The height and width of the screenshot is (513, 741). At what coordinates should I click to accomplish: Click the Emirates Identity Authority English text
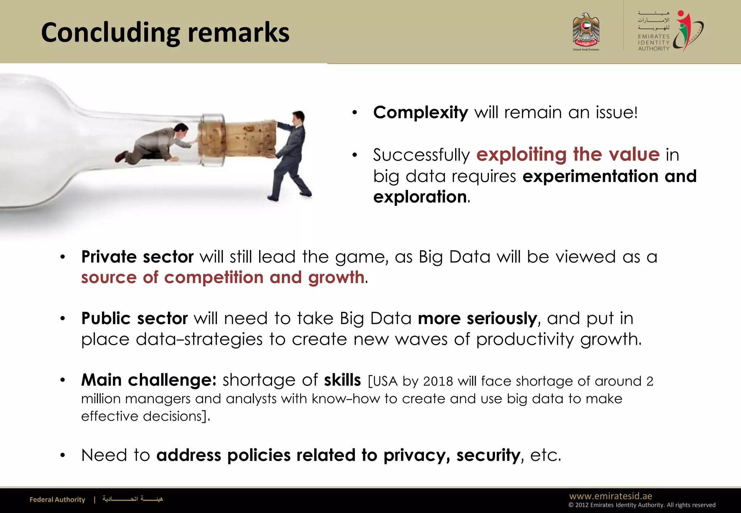coord(653,43)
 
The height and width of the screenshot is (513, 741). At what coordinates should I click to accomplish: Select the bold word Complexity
coord(420,113)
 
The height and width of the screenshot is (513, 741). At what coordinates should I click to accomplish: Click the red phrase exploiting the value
coord(568,154)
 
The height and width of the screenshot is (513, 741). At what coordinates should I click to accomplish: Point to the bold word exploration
coord(420,197)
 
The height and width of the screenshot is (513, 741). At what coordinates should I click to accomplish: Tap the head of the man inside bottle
coord(181,128)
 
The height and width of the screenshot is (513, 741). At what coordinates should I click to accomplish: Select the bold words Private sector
coord(137,257)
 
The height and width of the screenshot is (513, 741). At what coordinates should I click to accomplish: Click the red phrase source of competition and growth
coord(223,277)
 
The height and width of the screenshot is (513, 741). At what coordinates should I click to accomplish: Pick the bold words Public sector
coord(134,318)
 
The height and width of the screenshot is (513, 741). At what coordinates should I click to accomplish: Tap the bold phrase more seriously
coord(477,318)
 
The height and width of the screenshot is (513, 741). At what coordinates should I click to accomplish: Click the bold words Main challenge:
coord(149,380)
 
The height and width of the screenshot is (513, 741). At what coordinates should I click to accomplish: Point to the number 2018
coord(438,381)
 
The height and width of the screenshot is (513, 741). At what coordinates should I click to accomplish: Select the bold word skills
coord(342,380)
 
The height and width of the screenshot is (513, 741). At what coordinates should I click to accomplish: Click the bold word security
coord(488,455)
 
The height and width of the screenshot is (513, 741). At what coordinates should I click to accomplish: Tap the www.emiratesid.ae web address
coord(610,496)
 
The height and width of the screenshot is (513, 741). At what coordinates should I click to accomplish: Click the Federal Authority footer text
coord(57,500)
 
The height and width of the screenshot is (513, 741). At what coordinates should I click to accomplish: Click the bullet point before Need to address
coord(63,455)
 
